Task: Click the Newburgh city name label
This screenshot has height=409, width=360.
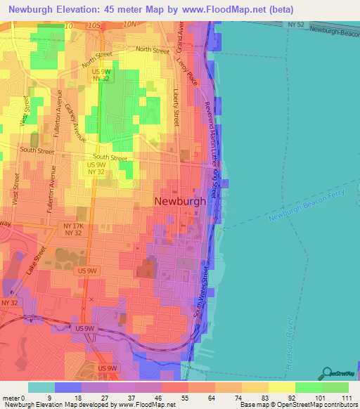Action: (x=180, y=201)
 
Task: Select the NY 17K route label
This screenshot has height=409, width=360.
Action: (x=74, y=226)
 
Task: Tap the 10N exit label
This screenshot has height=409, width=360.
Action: (x=129, y=25)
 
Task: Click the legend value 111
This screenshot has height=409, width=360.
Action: (x=345, y=397)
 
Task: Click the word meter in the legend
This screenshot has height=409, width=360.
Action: (x=11, y=397)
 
